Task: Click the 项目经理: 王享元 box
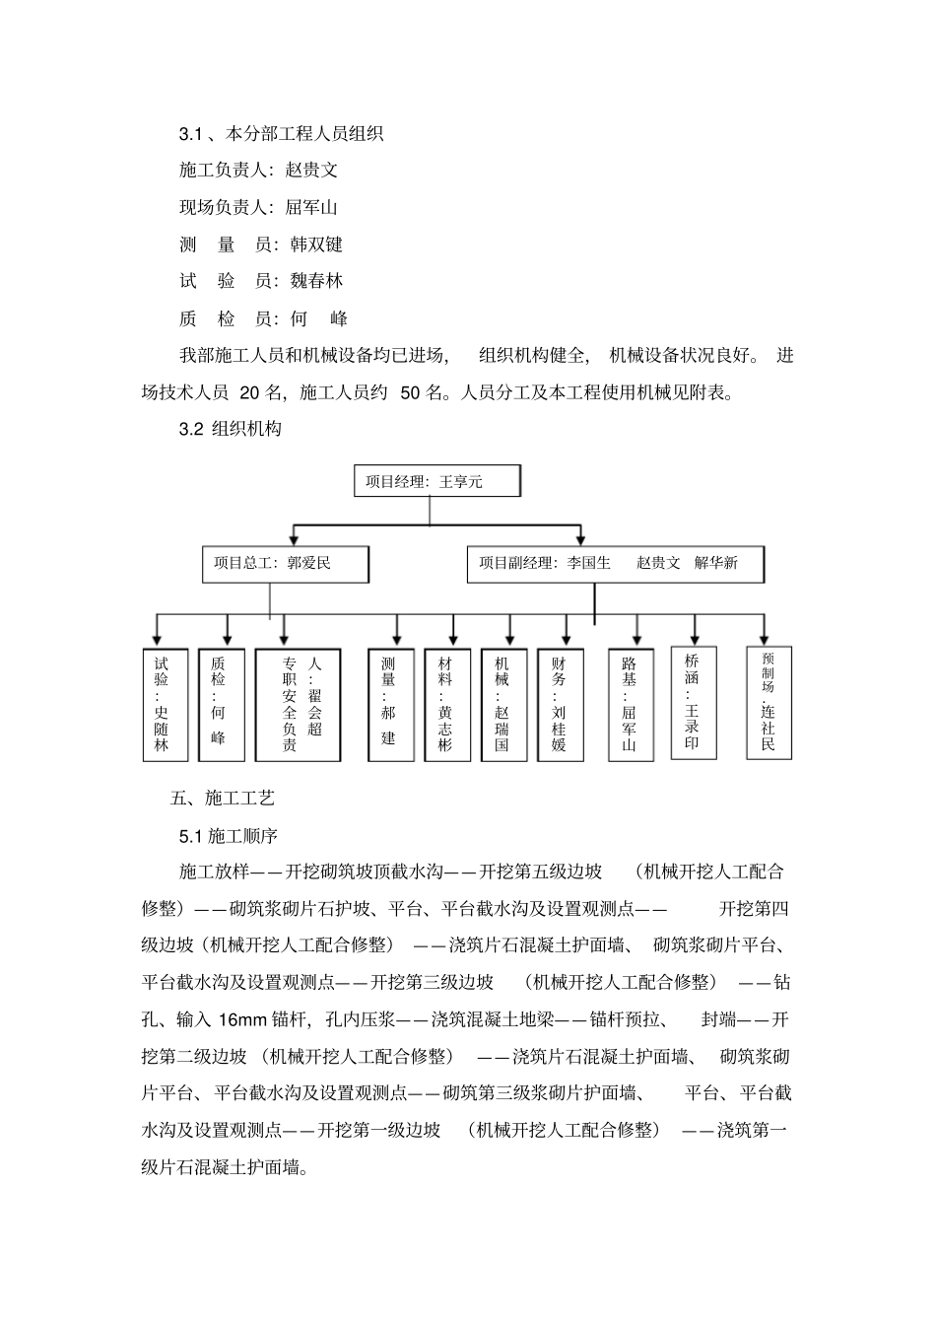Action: click(x=436, y=481)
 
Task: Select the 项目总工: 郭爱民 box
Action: click(x=286, y=564)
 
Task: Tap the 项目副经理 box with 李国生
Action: click(x=615, y=564)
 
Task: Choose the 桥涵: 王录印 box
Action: click(x=693, y=702)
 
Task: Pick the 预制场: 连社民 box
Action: click(x=769, y=702)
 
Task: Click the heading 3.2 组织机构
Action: click(x=231, y=429)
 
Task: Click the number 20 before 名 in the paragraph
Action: click(x=250, y=392)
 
